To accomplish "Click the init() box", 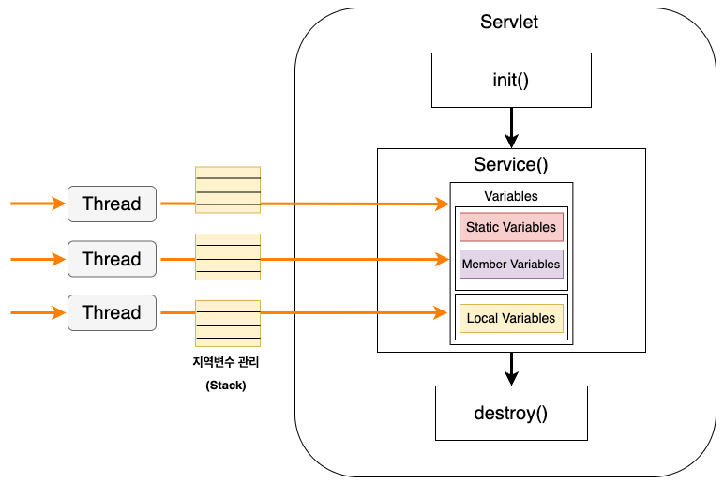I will [511, 80].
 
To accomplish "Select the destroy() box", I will [511, 413].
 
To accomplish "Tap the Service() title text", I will [511, 165].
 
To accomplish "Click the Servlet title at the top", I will [509, 23].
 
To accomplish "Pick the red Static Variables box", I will [511, 227].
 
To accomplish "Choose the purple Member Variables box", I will [511, 264].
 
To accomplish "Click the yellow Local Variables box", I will [511, 318].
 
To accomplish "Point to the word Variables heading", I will [511, 196].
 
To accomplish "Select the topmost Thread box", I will [112, 204].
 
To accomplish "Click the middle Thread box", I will [112, 259].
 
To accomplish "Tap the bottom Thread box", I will [112, 312].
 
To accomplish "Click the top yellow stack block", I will [227, 190].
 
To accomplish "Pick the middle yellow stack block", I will [227, 257].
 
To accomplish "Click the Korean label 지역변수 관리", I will [226, 362].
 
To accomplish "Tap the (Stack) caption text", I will [226, 385].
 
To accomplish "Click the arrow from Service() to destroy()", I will [511, 368].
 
